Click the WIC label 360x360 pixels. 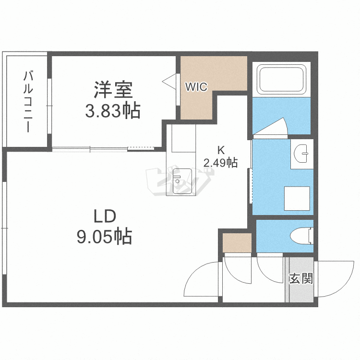(x=196, y=87)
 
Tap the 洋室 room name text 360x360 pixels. (x=113, y=90)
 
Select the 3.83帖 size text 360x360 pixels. (x=113, y=111)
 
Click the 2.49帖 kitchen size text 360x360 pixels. (x=220, y=163)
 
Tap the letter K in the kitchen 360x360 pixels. (x=220, y=150)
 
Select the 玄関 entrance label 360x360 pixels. (x=300, y=278)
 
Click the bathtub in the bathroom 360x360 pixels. (x=281, y=79)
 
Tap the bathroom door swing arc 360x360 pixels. (x=272, y=127)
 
